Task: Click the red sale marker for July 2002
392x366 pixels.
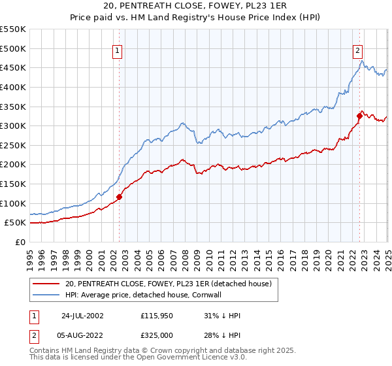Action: point(120,196)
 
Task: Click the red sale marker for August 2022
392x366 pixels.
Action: point(359,116)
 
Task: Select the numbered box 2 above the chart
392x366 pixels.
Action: point(358,51)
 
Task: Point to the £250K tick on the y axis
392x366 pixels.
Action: point(13,164)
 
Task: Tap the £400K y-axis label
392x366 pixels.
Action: point(13,87)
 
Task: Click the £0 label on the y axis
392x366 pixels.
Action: point(20,242)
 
